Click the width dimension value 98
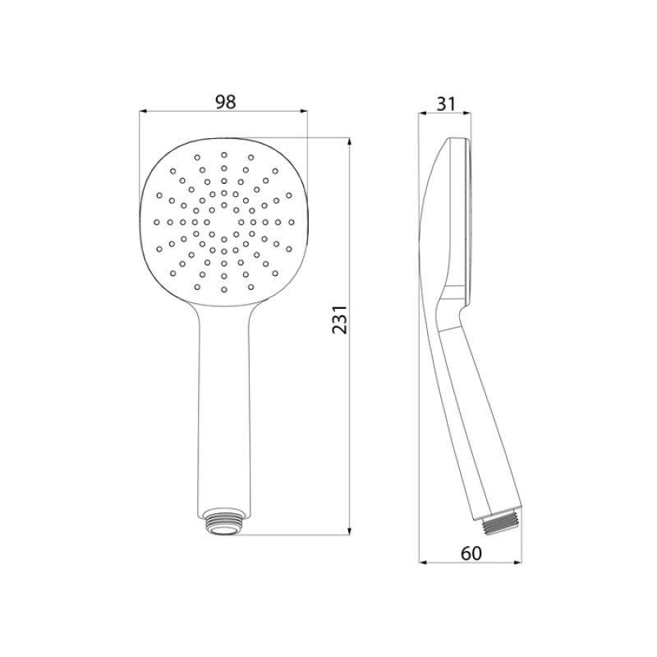pos(225,102)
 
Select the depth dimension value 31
pos(447,103)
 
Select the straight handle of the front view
pos(223,411)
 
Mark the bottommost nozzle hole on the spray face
pos(223,289)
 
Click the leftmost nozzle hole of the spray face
pos(156,221)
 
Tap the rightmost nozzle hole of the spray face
pos(292,221)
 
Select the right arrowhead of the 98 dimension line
pos(305,112)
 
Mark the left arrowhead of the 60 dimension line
pos(422,563)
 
